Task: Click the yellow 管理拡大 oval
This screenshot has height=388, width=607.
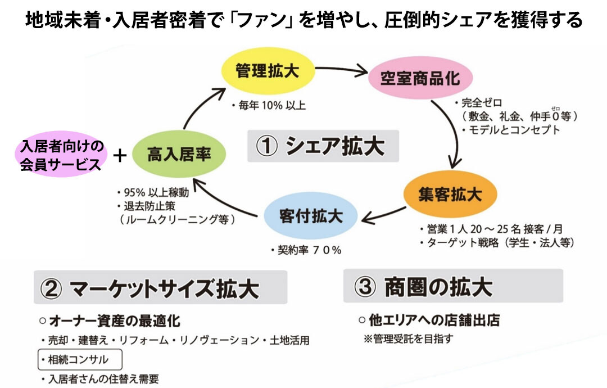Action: pos(267,71)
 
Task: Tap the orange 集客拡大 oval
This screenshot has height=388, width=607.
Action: pos(450,195)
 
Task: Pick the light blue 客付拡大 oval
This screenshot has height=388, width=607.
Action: pos(311,215)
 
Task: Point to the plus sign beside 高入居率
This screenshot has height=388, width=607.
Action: pos(119,156)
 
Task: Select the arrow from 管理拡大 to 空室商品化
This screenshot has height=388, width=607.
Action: pos(341,70)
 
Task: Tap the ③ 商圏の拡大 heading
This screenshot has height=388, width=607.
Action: pos(452,286)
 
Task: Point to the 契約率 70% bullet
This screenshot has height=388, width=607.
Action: pos(306,250)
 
